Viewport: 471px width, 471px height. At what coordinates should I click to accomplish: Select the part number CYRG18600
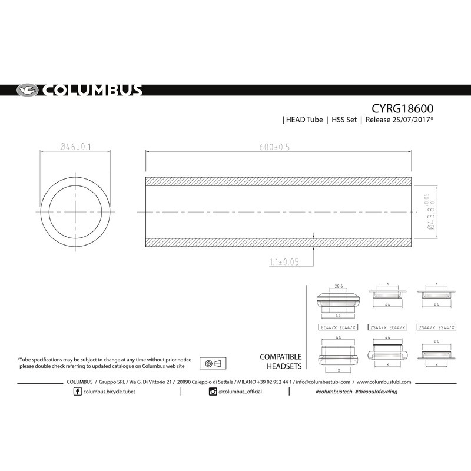click(403, 109)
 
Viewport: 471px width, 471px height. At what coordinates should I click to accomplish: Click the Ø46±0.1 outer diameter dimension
click(75, 147)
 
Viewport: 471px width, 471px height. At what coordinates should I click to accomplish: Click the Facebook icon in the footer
click(79, 392)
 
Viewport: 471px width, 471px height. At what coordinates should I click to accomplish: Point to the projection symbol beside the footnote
click(214, 363)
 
